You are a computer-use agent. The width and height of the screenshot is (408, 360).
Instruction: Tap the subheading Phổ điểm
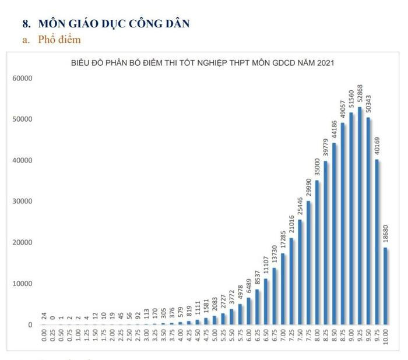click(x=59, y=40)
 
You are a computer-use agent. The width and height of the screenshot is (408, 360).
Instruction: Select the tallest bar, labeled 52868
click(x=360, y=216)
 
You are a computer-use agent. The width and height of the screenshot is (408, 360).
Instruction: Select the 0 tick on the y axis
click(x=29, y=324)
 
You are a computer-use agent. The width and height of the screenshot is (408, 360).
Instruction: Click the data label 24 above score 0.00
click(x=44, y=316)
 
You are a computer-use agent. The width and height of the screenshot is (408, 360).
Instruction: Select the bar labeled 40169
click(x=377, y=242)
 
